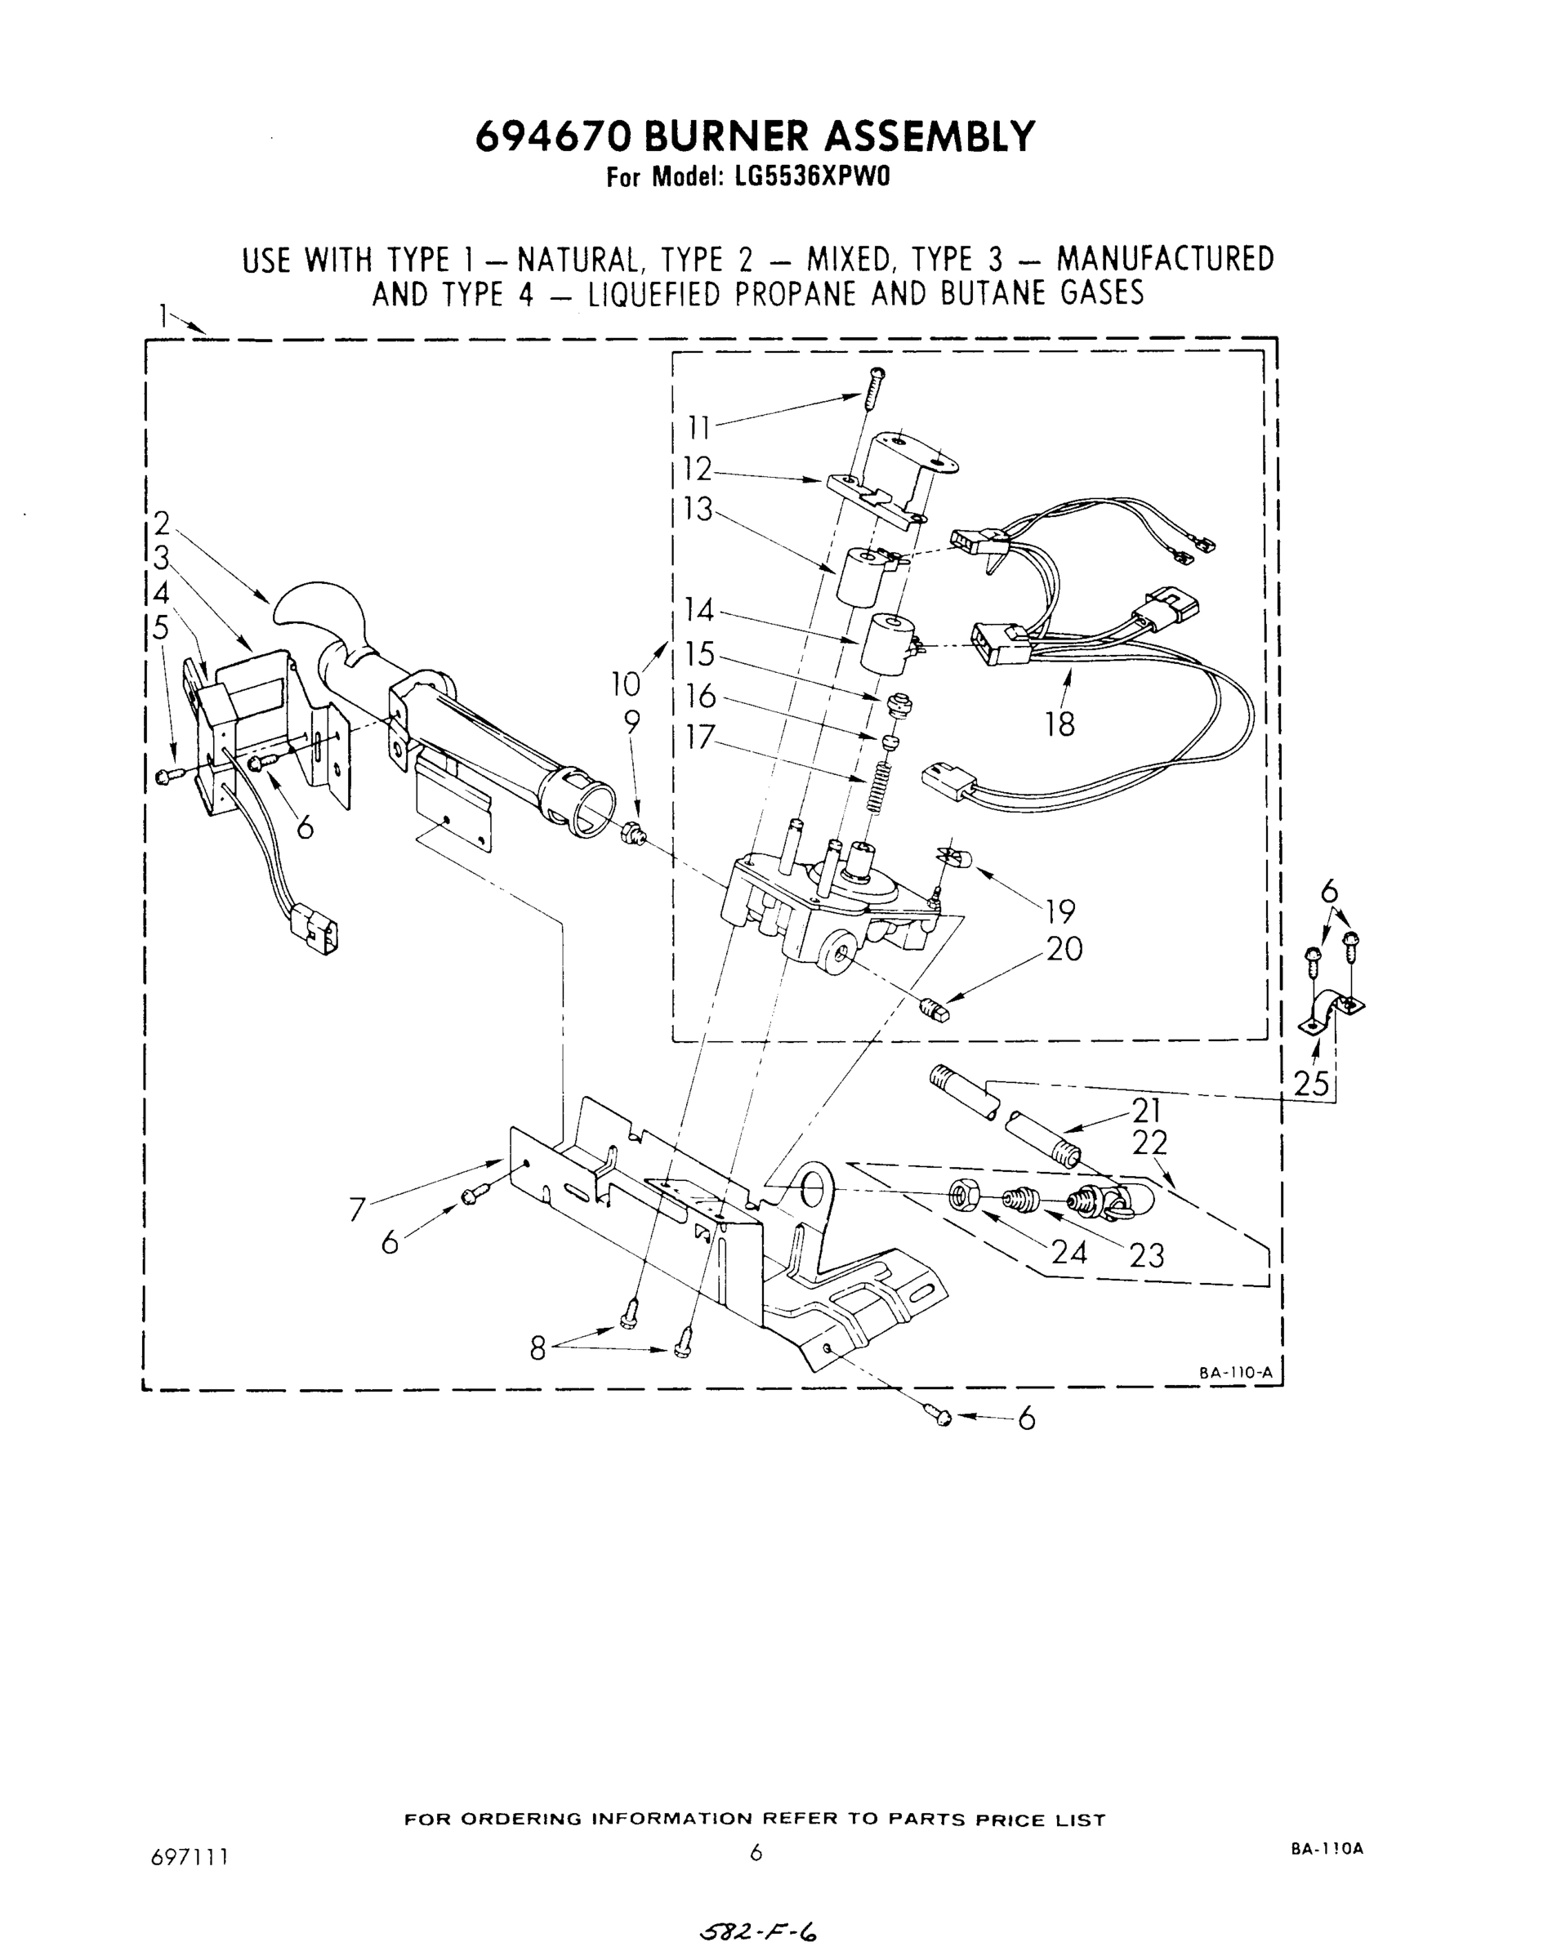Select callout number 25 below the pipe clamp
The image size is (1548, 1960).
1311,1083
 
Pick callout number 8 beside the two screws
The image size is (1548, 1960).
538,1349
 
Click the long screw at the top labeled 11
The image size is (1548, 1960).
876,387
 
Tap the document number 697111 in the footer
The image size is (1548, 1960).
189,1857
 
